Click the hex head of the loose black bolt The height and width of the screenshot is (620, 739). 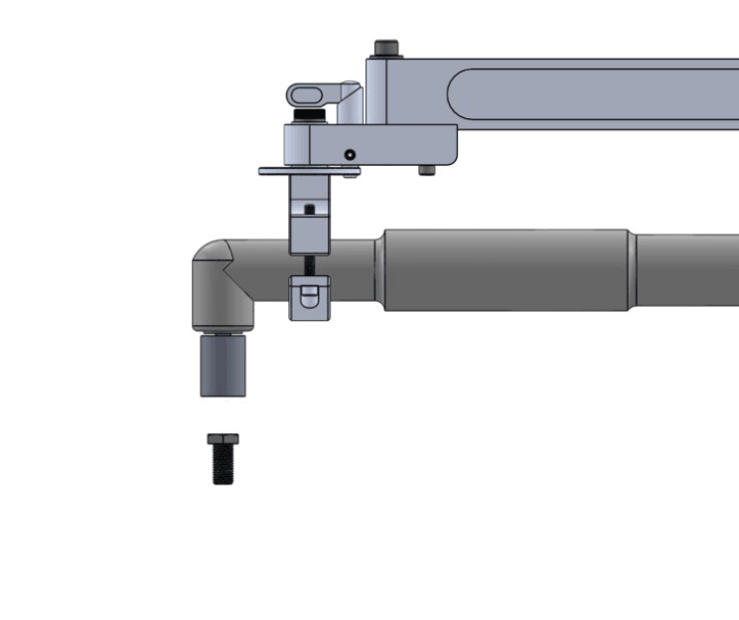click(x=222, y=439)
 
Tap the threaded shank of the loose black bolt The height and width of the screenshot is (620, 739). click(x=222, y=465)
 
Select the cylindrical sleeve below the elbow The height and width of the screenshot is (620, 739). click(x=222, y=366)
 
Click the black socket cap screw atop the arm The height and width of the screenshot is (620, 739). click(x=386, y=48)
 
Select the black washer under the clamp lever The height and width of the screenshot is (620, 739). click(x=314, y=118)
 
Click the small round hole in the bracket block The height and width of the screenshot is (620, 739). click(x=350, y=154)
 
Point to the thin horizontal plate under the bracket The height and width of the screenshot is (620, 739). click(x=308, y=171)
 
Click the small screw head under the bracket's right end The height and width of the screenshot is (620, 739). click(x=426, y=170)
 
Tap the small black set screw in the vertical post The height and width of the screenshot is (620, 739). click(x=310, y=209)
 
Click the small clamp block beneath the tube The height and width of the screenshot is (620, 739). click(x=309, y=299)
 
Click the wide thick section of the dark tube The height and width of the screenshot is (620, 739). click(x=505, y=270)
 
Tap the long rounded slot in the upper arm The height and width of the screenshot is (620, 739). click(x=596, y=94)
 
